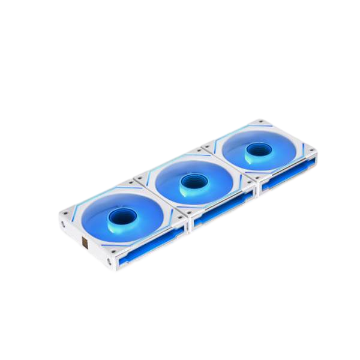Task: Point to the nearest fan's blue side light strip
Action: tap(151, 246)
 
